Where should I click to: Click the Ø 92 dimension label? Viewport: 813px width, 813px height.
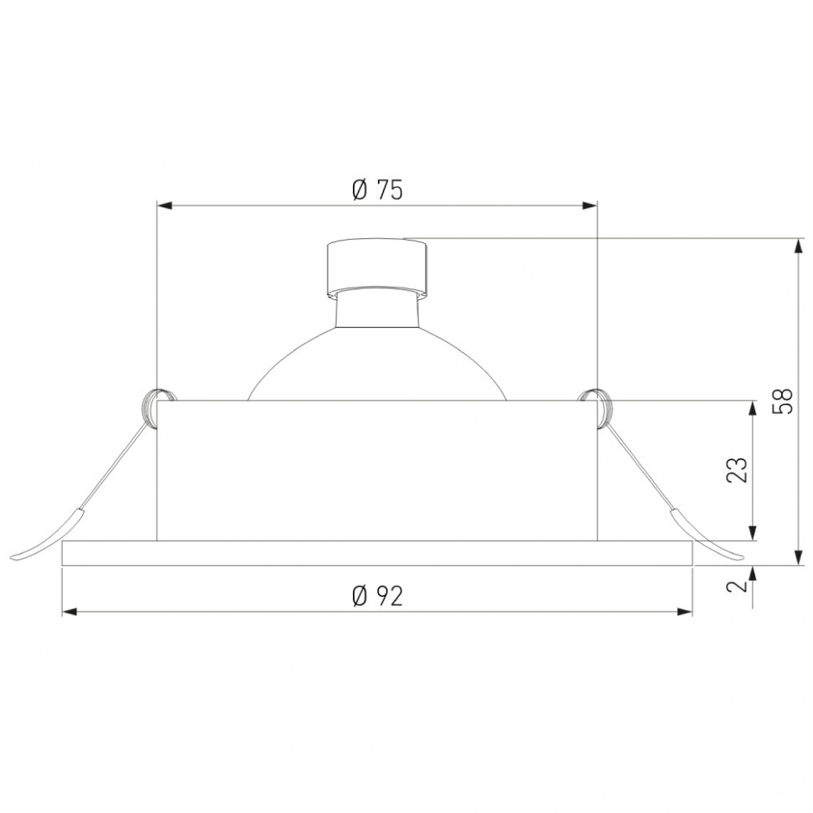coord(377,596)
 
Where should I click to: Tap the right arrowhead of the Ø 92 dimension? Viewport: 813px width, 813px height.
coord(685,612)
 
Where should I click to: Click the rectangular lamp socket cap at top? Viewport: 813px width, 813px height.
coord(377,267)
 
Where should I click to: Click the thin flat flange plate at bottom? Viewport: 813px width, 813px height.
coord(377,553)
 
